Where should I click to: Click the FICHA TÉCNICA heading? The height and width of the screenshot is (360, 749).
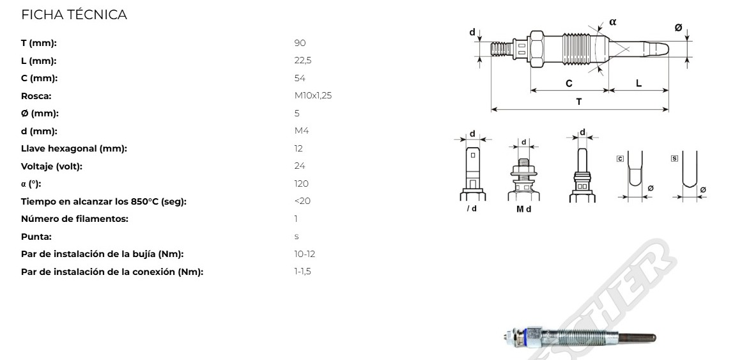coord(74,15)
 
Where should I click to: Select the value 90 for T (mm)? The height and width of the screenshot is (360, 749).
coord(300,43)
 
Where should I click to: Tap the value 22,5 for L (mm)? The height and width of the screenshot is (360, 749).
coord(303,61)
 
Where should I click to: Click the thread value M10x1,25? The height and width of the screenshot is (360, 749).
coord(313,96)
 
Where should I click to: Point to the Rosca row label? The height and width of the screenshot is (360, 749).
coord(36,96)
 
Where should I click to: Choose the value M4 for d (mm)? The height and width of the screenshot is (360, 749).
coord(302,130)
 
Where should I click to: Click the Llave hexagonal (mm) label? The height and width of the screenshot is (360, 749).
coord(74,149)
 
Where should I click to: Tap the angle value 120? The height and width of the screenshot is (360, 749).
coord(302,184)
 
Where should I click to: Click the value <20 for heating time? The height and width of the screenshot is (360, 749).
coord(302,201)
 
